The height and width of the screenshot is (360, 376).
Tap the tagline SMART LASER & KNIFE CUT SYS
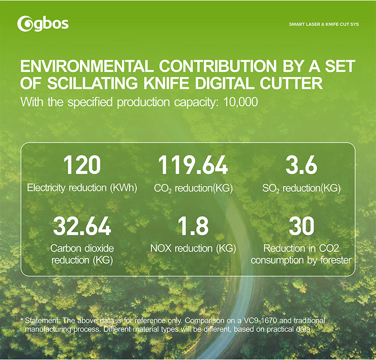(324, 23)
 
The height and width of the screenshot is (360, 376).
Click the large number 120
(82, 165)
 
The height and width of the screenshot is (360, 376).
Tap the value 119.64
(193, 165)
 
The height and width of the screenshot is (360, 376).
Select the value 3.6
(301, 165)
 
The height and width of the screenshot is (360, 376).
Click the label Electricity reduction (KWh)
(82, 188)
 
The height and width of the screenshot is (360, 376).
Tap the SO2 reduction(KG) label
(301, 188)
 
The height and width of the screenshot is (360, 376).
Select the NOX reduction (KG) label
(193, 248)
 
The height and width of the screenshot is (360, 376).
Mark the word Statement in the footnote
(42, 320)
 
